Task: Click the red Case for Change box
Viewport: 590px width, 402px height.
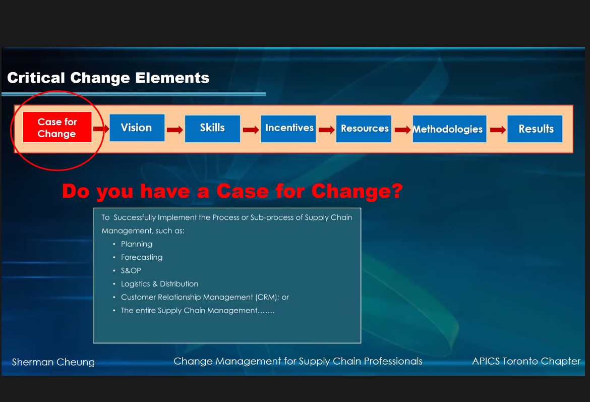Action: click(x=57, y=127)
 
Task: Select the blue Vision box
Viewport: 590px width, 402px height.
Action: click(x=137, y=128)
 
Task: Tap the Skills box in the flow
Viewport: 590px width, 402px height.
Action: click(x=213, y=128)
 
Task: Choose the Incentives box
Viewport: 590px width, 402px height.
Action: click(x=288, y=128)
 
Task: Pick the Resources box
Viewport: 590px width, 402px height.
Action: click(x=364, y=128)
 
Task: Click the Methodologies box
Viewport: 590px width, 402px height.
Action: click(x=449, y=129)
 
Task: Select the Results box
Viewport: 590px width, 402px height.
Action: click(x=535, y=129)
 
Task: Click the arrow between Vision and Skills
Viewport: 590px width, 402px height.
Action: click(x=175, y=130)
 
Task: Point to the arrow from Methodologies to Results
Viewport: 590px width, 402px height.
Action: click(x=498, y=130)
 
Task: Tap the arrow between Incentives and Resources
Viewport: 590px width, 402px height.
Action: click(x=327, y=130)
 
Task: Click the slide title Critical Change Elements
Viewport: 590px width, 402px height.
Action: click(x=108, y=78)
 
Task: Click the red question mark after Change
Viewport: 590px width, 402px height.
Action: click(x=397, y=191)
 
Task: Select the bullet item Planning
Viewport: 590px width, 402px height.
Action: click(x=137, y=244)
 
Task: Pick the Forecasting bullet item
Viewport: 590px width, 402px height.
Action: click(x=142, y=257)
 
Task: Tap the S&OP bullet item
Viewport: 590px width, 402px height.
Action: click(x=131, y=271)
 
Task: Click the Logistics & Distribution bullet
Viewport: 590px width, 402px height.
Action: click(x=159, y=284)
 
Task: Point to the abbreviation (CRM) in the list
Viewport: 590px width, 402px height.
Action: click(x=267, y=298)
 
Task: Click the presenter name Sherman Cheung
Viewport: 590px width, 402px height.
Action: click(x=53, y=362)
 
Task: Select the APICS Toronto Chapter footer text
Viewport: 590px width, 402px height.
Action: click(x=526, y=361)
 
